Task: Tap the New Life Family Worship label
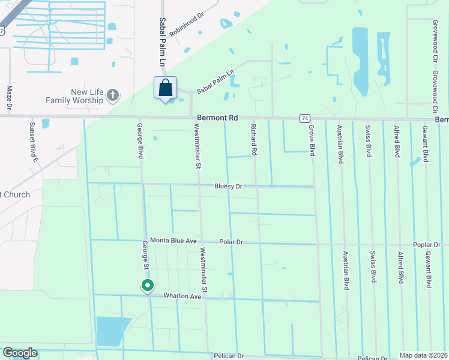88,96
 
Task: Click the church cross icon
112,95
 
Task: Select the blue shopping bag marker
166,88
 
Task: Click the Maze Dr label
10,98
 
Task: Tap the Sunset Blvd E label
34,142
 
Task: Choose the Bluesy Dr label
228,187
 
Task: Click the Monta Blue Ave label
173,241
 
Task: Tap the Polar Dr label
231,242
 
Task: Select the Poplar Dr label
427,245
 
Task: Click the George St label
145,256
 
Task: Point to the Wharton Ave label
182,296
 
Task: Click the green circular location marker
147,286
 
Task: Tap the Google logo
20,353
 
